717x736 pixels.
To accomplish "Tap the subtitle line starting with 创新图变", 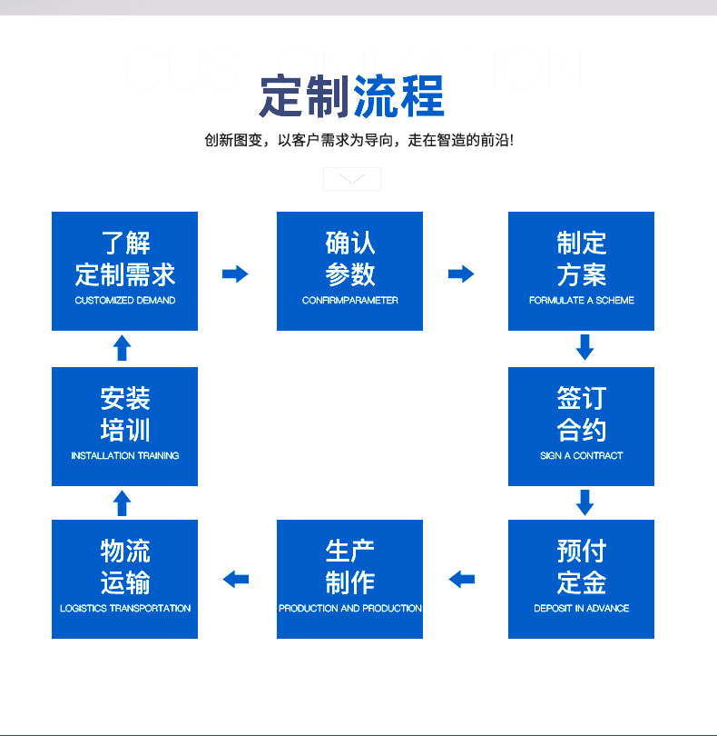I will click(359, 141).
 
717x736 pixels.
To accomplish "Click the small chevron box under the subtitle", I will click(352, 179).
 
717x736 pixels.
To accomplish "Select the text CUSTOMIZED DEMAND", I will click(124, 301).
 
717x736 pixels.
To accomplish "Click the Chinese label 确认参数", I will click(349, 258).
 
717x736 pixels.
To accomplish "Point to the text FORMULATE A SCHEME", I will click(581, 301).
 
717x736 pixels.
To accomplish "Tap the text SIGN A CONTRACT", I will click(581, 456).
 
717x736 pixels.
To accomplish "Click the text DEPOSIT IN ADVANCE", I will click(581, 609).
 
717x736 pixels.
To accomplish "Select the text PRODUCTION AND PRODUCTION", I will click(349, 609).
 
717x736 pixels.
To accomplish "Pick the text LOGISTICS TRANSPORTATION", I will click(124, 609).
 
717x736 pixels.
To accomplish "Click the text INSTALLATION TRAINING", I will click(124, 456).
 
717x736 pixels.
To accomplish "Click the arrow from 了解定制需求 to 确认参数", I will click(235, 274).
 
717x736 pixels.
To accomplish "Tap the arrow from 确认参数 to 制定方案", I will click(461, 274).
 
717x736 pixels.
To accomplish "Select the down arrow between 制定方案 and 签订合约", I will click(584, 346).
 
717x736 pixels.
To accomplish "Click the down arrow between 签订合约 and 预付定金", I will click(584, 502).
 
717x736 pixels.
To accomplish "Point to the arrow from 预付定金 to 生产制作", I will click(462, 579).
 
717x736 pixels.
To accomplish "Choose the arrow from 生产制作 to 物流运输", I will click(236, 579).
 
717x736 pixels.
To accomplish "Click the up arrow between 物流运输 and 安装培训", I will click(123, 502).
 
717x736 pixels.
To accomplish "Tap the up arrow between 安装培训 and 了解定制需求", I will click(123, 347).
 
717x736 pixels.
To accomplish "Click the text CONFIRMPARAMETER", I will click(349, 301).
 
